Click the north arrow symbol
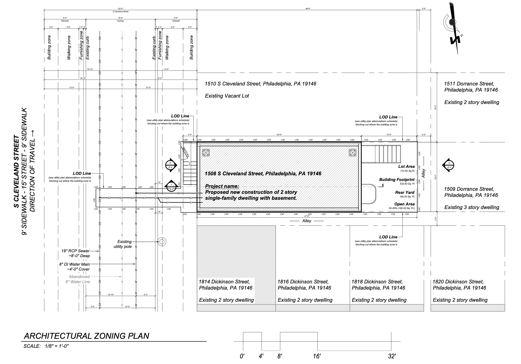click(453, 28)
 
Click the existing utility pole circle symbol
click(162, 242)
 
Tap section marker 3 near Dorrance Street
click(449, 165)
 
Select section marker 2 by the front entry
click(170, 165)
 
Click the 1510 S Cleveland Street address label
click(260, 84)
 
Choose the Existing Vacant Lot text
click(227, 96)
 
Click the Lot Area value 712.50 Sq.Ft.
click(407, 171)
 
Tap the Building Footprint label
click(397, 180)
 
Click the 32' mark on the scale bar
click(392, 356)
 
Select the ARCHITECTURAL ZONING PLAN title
click(86, 336)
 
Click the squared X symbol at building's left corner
click(205, 153)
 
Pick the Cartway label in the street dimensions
click(120, 21)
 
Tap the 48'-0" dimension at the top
click(308, 9)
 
